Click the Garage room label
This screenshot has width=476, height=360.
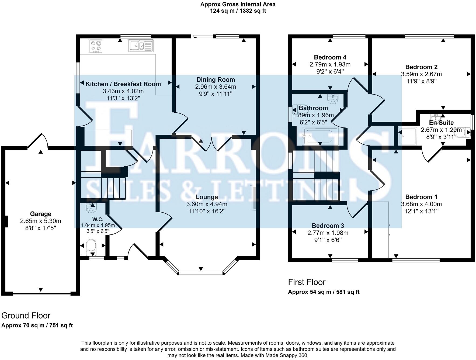(x=41, y=214)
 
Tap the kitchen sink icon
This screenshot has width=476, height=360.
(x=141, y=46)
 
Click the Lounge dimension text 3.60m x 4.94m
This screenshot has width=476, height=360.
(x=207, y=204)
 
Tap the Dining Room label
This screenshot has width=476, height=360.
(x=216, y=80)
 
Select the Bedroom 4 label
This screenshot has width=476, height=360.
(x=330, y=57)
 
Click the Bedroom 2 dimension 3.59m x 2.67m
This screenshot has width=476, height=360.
(x=421, y=74)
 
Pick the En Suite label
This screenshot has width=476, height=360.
(x=441, y=123)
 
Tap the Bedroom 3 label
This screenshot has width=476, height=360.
(x=328, y=226)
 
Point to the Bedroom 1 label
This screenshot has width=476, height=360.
(x=421, y=197)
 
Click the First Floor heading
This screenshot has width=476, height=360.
(x=307, y=282)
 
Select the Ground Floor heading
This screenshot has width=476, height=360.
(x=26, y=316)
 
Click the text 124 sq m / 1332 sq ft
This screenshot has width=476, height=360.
(x=238, y=11)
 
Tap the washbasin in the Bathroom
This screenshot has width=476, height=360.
(x=333, y=99)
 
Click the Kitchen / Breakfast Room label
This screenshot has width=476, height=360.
(x=123, y=84)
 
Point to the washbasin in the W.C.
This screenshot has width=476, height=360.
(x=91, y=208)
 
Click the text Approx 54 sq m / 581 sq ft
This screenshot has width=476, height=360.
(x=324, y=292)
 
